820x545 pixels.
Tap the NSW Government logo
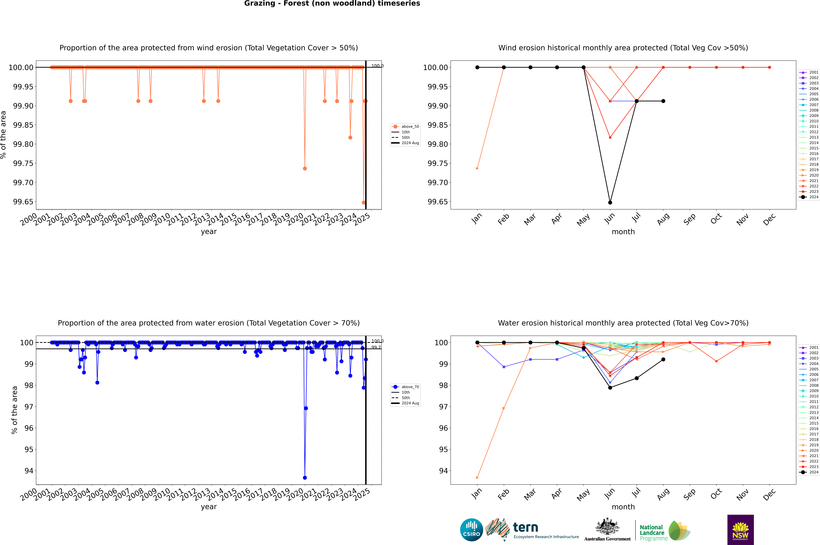740,530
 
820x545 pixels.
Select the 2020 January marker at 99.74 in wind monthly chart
477,169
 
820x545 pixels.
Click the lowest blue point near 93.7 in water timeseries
305,478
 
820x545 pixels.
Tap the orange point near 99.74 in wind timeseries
305,169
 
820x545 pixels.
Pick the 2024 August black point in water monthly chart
663,359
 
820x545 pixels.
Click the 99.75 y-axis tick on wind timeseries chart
23,163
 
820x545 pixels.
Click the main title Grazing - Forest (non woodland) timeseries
332,3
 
